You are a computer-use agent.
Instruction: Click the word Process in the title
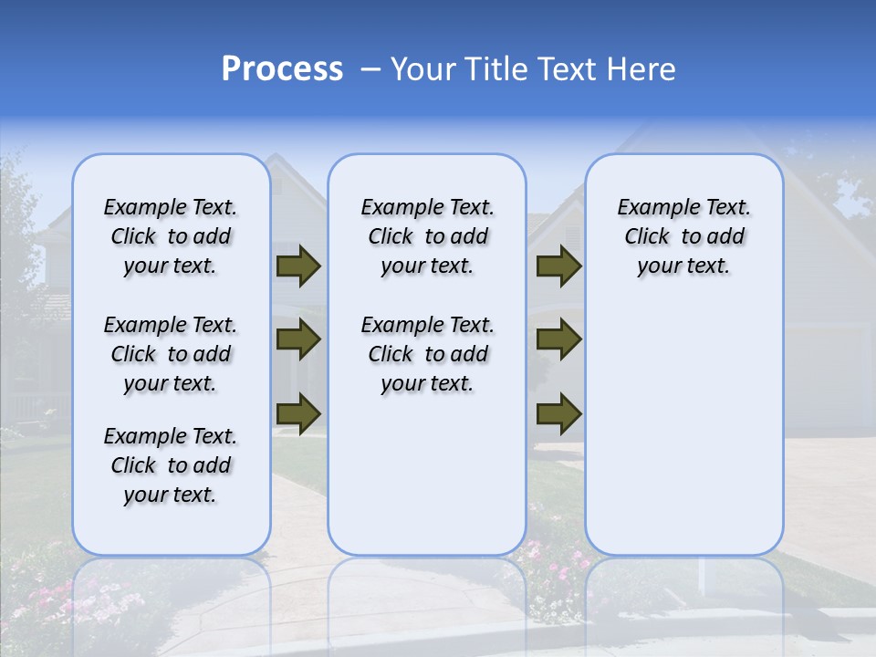pos(282,69)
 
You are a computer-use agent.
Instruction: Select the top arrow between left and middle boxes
pos(298,266)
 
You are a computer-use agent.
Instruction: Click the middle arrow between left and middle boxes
pos(298,339)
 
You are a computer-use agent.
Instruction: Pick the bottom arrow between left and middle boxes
pos(298,413)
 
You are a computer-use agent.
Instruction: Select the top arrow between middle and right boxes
pos(558,266)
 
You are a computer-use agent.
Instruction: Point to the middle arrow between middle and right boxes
pos(558,339)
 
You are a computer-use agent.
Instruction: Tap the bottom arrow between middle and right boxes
pos(558,413)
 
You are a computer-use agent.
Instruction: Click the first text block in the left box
pos(171,236)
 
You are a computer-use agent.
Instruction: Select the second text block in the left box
pos(171,354)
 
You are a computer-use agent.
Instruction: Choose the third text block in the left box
pos(171,465)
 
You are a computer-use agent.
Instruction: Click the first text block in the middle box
pos(427,236)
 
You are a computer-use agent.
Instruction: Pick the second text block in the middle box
pos(427,354)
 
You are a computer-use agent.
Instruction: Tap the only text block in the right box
pos(683,236)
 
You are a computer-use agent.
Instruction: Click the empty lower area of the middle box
pos(427,474)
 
